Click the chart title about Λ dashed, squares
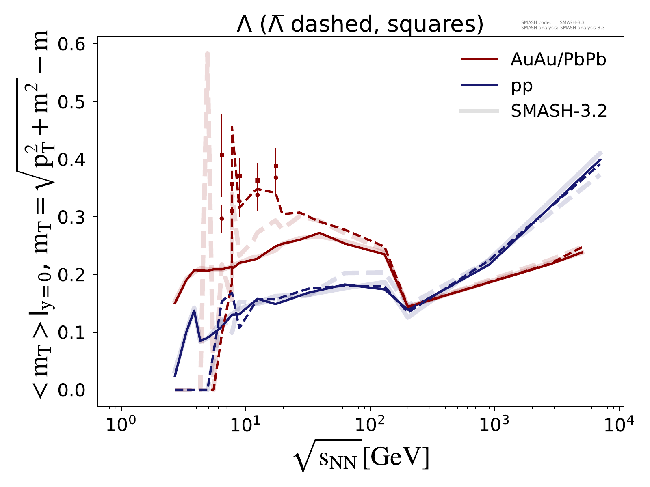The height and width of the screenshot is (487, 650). [x=360, y=25]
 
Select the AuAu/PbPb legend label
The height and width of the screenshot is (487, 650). [x=559, y=60]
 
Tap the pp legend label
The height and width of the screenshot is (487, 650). [x=522, y=86]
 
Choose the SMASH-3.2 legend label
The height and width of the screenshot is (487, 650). [x=559, y=111]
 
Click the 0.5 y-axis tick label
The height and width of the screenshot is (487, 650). [x=74, y=101]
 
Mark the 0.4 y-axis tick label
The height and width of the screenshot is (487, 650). [x=74, y=159]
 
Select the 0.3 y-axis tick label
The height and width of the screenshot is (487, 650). [x=74, y=217]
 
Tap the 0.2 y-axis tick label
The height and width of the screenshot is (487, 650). [x=74, y=275]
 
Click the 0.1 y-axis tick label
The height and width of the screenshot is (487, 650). [x=74, y=332]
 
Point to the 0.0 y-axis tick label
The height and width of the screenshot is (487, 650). [x=74, y=390]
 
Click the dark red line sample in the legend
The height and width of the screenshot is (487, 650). [x=479, y=60]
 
